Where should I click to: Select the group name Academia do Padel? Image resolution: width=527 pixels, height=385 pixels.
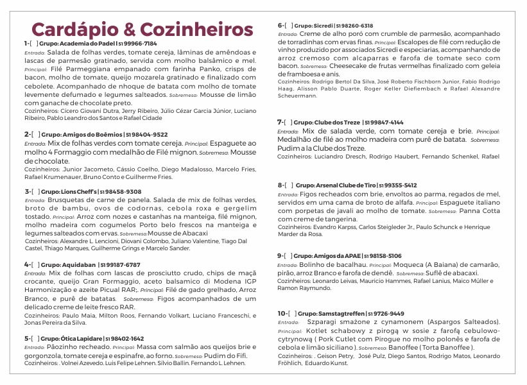[x=82, y=44]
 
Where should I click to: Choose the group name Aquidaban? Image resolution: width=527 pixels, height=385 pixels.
[x=80, y=264]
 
